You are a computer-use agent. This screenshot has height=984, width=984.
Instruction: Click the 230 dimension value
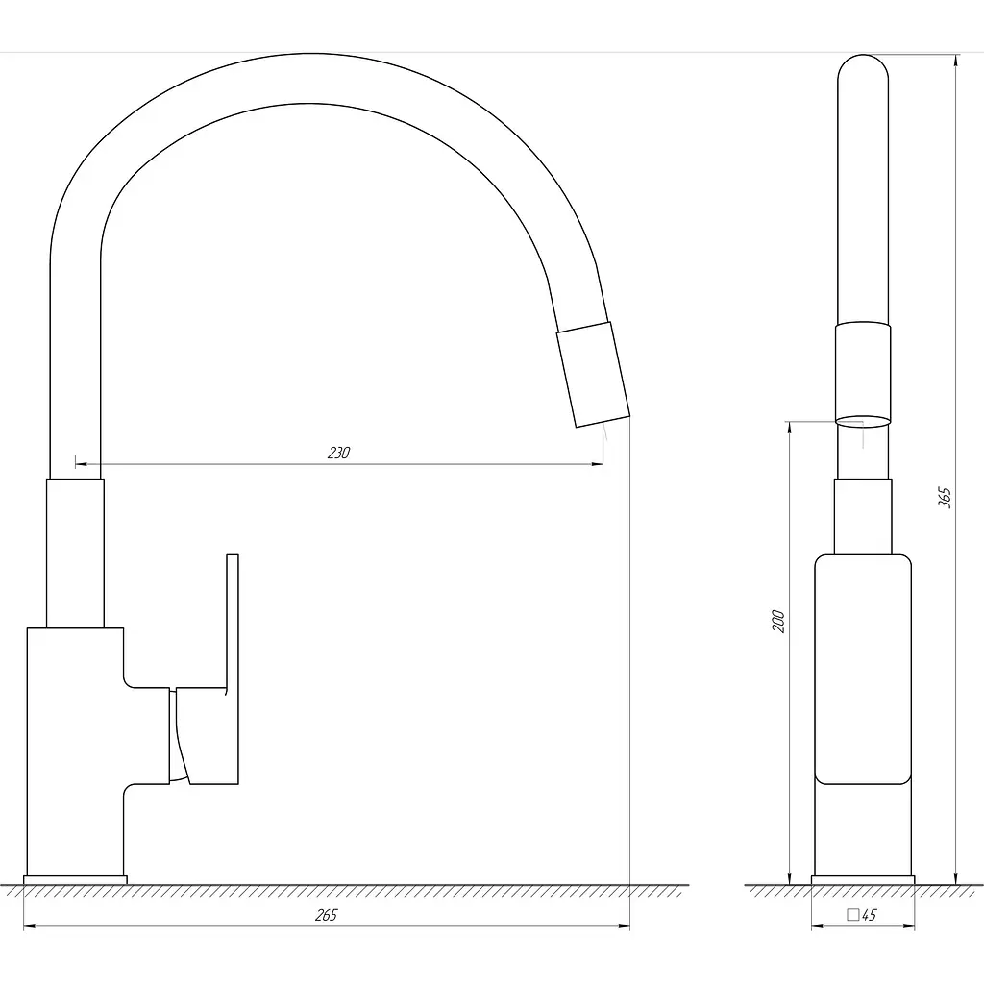click(x=338, y=453)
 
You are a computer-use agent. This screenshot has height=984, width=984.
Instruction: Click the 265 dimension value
click(x=326, y=915)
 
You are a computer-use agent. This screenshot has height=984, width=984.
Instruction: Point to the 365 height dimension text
click(x=945, y=497)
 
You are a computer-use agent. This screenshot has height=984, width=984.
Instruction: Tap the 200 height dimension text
click(x=778, y=621)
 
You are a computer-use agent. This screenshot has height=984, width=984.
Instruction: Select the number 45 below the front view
click(x=869, y=915)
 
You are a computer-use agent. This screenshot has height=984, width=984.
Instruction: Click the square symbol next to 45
click(x=853, y=915)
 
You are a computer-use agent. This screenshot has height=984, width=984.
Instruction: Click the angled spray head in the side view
click(x=593, y=375)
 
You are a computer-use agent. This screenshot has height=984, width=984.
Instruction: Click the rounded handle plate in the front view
click(x=863, y=669)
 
